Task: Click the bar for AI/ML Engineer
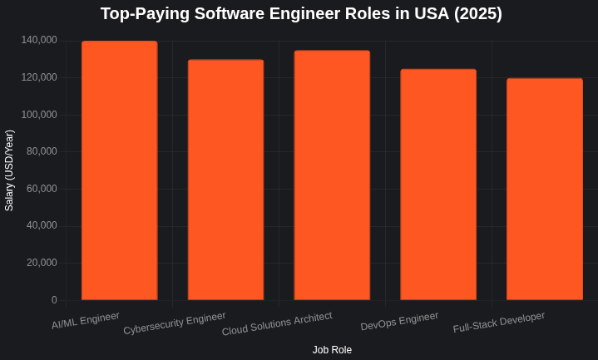click(119, 170)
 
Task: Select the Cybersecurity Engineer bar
click(225, 180)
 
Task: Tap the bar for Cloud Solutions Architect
click(332, 175)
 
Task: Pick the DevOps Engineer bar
click(438, 185)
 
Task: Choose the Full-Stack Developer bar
click(545, 189)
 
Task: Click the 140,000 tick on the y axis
click(39, 40)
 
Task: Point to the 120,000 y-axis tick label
click(39, 77)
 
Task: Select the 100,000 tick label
click(39, 114)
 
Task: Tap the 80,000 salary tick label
click(42, 151)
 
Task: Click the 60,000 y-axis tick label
click(42, 188)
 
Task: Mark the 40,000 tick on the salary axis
click(42, 225)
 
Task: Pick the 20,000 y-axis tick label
click(42, 263)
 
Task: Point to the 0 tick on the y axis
click(54, 299)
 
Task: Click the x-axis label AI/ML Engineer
click(86, 320)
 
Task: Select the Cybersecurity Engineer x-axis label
click(175, 323)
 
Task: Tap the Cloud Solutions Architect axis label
click(277, 323)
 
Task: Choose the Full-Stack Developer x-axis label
click(499, 322)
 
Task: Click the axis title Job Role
click(332, 350)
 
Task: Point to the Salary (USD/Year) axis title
click(10, 170)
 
